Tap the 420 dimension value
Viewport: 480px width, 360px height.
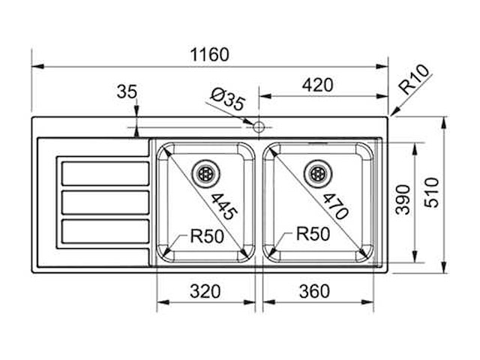tap(317, 85)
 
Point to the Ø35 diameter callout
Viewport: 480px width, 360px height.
tap(228, 100)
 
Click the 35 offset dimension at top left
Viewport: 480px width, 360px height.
tap(127, 92)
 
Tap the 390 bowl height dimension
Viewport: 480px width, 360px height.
tap(403, 199)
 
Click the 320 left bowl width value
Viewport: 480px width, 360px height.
tap(205, 291)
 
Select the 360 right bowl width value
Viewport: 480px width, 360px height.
tap(313, 291)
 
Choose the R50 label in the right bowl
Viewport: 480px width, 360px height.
tap(313, 234)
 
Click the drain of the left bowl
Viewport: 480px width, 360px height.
tap(205, 172)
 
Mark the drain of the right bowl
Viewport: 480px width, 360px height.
tap(316, 172)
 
